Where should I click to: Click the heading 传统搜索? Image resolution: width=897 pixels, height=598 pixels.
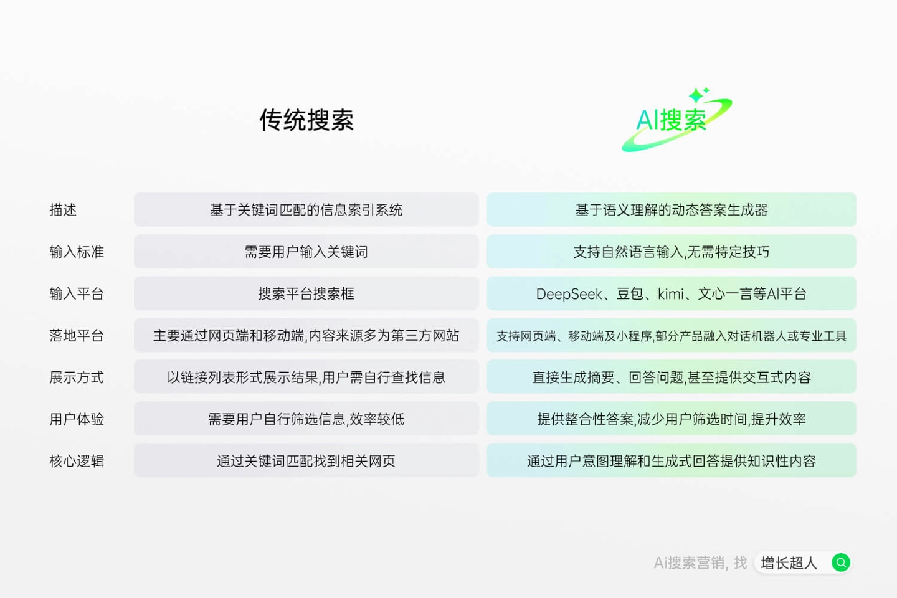tap(306, 120)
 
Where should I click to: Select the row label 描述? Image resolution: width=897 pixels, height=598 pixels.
tap(63, 210)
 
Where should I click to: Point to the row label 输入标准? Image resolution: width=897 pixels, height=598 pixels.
tap(77, 252)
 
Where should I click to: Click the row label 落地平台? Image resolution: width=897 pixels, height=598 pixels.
tap(77, 336)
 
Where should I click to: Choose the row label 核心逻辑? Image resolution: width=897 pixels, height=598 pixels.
tap(77, 461)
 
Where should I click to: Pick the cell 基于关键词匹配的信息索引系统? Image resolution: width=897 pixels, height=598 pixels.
tap(306, 210)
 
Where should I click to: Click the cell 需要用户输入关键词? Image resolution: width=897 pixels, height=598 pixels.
tap(306, 252)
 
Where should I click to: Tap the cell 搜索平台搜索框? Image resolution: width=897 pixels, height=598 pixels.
tap(306, 293)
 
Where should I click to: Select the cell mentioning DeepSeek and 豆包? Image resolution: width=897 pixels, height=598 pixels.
tap(671, 293)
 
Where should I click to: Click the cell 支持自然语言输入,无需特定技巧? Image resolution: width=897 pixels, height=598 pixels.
tap(671, 252)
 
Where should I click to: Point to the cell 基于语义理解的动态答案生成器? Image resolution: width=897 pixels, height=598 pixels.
tap(671, 210)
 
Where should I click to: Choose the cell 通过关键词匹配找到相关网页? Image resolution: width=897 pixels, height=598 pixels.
tap(306, 461)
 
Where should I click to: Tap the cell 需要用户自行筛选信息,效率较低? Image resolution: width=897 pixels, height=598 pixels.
tap(306, 419)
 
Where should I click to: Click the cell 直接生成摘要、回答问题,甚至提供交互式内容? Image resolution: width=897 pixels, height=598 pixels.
tap(671, 377)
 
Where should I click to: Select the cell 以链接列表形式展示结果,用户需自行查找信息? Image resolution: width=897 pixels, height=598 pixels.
tap(306, 377)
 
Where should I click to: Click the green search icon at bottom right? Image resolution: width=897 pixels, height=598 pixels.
tap(841, 563)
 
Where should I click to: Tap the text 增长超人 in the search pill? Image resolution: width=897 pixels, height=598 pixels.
tap(789, 563)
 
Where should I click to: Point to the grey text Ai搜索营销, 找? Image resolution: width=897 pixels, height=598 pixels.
tap(700, 563)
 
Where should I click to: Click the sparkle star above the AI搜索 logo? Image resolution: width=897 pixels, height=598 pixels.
tap(697, 95)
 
